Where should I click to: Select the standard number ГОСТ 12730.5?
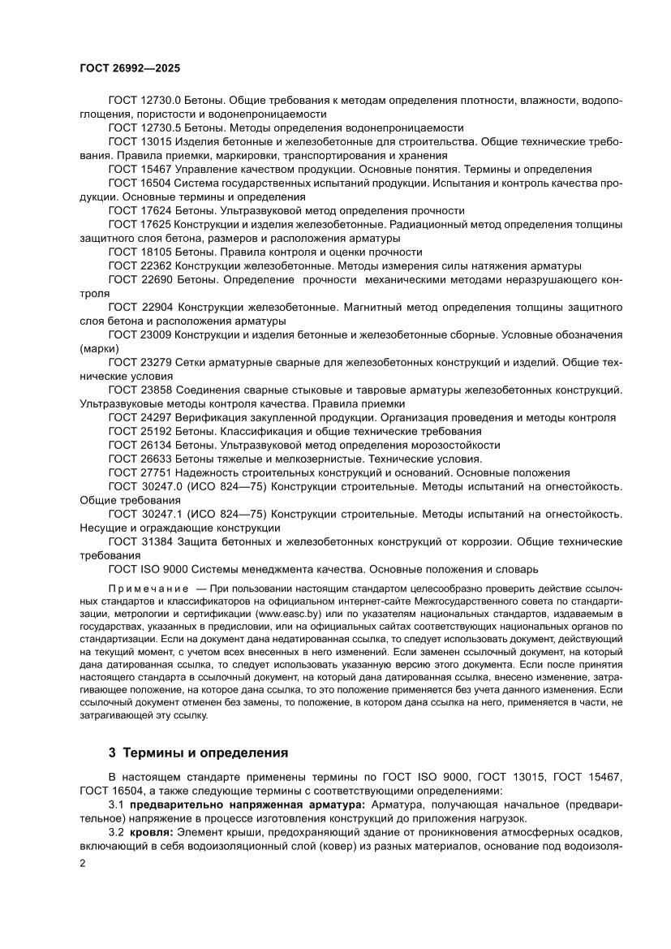tap(144, 127)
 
